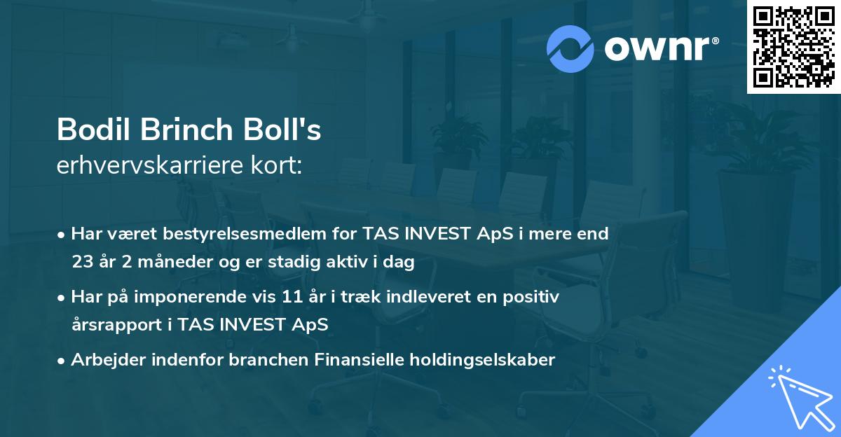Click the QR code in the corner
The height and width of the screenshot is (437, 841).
(793, 47)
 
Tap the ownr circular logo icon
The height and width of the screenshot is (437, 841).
(570, 48)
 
